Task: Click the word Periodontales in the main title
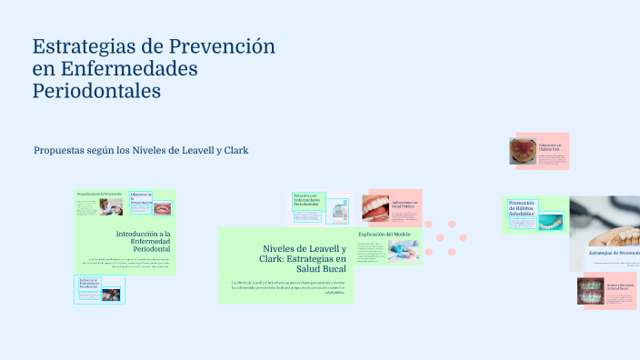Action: coord(96,91)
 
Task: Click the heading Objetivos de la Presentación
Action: coord(141,197)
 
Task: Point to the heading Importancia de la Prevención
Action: coord(99,194)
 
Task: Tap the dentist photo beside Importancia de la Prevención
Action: coord(110,207)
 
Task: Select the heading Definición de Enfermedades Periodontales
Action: coord(92,283)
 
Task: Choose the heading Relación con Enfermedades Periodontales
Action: coord(306,200)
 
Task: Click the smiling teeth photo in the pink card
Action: coord(375,208)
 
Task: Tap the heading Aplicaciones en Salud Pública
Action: coord(405,205)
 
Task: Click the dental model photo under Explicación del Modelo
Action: coord(402,251)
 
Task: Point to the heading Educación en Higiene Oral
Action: coord(549,145)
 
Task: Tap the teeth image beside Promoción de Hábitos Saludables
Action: coord(551,218)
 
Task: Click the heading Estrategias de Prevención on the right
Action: coord(614,253)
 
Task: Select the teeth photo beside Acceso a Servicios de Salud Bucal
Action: coord(591,291)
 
